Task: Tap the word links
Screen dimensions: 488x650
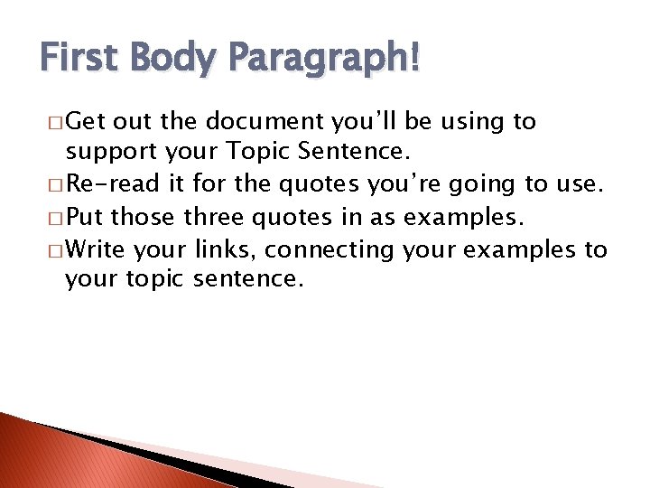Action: (227, 249)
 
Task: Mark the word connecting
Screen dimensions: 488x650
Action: (330, 250)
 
